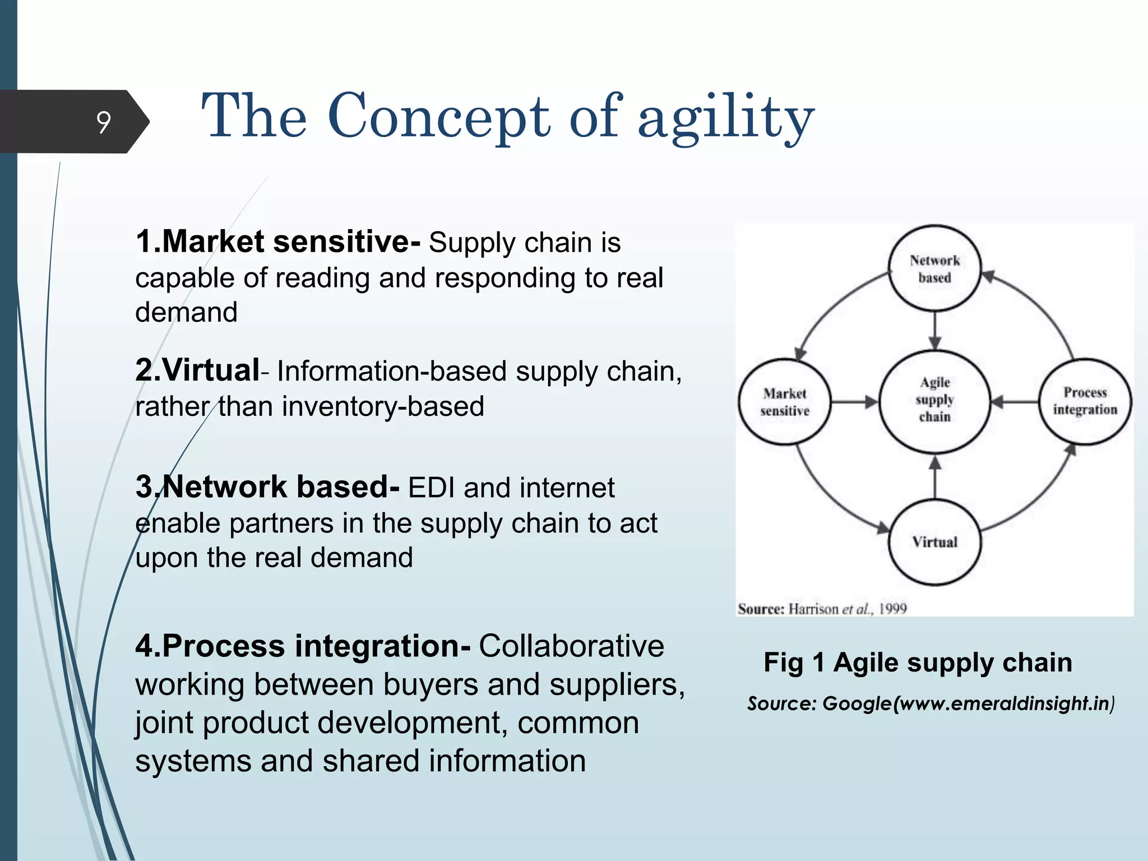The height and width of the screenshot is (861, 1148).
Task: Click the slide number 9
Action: tap(104, 122)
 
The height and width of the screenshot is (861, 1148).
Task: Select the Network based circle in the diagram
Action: tap(934, 269)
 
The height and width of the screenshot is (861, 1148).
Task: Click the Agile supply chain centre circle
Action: tap(934, 400)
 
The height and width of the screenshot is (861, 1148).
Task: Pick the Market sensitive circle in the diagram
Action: tap(785, 402)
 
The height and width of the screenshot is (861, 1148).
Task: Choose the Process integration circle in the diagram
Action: tap(1085, 401)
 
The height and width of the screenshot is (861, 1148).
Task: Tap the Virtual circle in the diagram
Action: tap(934, 542)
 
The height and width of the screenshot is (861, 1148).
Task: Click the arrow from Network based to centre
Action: tap(934, 331)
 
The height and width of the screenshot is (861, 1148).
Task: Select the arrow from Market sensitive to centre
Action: tap(854, 402)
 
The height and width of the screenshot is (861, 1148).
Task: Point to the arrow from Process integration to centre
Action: tap(1015, 401)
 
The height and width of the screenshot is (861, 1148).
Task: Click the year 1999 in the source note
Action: tap(892, 609)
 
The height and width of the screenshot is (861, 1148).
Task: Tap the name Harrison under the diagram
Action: tap(814, 609)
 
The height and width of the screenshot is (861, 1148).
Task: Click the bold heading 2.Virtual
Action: tap(197, 371)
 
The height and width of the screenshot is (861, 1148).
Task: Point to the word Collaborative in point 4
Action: tap(571, 646)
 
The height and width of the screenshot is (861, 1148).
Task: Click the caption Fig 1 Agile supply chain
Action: tap(918, 663)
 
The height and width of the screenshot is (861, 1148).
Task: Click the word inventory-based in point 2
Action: tap(383, 406)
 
